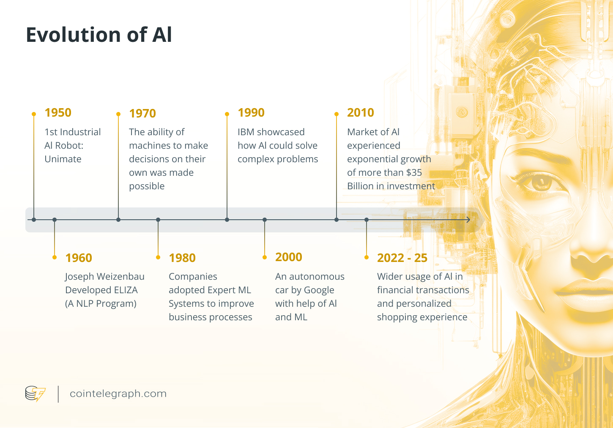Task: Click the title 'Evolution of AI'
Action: tap(99, 35)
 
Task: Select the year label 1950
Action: tap(58, 113)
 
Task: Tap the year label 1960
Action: tap(79, 258)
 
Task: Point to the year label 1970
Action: tap(142, 114)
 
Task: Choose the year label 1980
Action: tap(182, 258)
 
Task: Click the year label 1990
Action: tap(251, 113)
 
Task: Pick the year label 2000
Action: tap(289, 257)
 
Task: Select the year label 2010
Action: tap(361, 113)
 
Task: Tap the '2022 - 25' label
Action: tap(402, 258)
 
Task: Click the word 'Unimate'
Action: tap(63, 159)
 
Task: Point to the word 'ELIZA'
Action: tap(126, 290)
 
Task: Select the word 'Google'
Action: tap(319, 290)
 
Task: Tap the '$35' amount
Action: tap(414, 173)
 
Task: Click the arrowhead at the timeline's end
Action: tap(468, 220)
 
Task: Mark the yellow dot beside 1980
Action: tap(158, 257)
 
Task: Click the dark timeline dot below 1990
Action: tap(227, 220)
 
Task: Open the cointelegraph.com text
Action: tap(118, 394)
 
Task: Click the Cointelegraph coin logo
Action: tap(35, 394)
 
